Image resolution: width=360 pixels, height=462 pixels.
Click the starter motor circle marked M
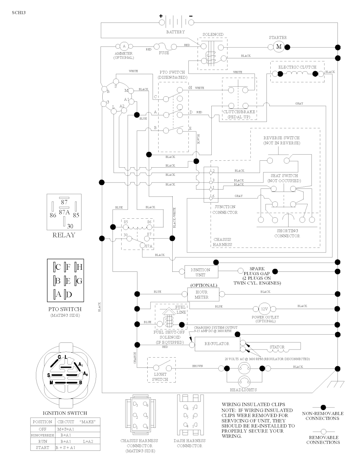[279, 47]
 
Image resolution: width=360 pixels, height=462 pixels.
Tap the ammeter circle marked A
[123, 46]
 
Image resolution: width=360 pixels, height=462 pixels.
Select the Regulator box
[217, 344]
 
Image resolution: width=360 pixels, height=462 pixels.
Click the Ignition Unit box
[200, 272]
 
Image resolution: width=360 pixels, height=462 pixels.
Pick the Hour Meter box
[201, 294]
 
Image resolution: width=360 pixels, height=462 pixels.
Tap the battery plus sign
[161, 16]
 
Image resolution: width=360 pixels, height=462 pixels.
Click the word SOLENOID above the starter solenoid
[213, 34]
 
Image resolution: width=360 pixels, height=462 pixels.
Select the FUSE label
[164, 53]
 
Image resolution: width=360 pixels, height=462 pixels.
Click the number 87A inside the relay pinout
[64, 212]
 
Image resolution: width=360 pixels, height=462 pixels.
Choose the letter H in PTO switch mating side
[79, 267]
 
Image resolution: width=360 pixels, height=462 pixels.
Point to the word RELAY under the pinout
[64, 235]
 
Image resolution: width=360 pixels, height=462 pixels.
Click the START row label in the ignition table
[42, 447]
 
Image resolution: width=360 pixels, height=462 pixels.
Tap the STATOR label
[277, 347]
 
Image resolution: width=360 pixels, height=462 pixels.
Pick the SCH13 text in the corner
[19, 13]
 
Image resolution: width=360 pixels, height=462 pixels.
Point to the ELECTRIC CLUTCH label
[297, 67]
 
